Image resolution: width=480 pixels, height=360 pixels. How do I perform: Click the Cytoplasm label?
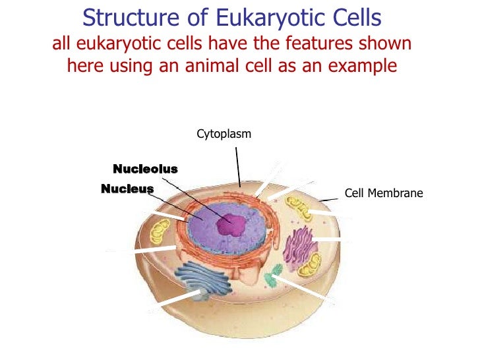tap(224, 135)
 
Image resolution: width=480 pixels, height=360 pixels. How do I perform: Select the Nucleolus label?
tap(145, 169)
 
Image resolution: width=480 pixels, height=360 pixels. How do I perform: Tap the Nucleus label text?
tap(127, 189)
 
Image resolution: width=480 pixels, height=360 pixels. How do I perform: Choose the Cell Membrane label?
tap(384, 194)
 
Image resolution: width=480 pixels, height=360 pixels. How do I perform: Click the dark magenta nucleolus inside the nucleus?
tap(231, 225)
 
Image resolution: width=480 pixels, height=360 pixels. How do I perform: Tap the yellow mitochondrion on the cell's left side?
tap(160, 231)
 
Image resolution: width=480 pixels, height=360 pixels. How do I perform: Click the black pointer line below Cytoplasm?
tap(238, 165)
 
